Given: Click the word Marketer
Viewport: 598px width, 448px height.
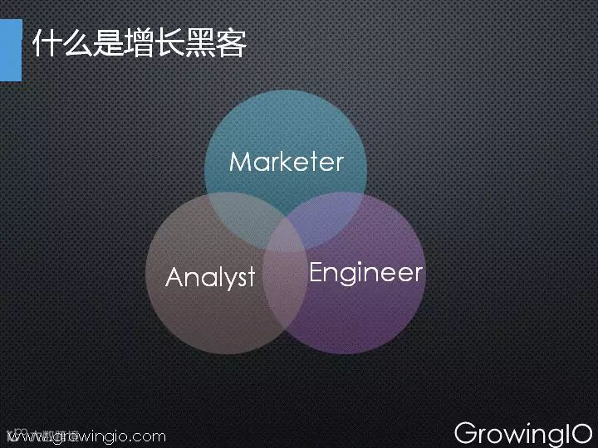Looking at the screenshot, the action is (286, 161).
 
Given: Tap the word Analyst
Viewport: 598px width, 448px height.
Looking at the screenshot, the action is (210, 277).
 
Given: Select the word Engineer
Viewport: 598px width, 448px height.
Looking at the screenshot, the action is (365, 273).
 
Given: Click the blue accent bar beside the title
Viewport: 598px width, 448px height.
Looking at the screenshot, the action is (11, 50).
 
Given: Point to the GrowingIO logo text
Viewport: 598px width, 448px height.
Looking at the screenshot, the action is (523, 433).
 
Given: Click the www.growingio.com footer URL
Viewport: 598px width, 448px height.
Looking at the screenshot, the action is (86, 436).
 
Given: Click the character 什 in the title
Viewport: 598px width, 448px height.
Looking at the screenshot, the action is (47, 44).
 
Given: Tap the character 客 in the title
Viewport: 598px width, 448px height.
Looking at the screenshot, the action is (232, 44).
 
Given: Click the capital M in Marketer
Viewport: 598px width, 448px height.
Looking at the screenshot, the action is (239, 161).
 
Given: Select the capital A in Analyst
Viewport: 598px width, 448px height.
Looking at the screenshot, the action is (174, 277).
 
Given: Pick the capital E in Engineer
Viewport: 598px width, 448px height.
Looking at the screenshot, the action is (316, 272).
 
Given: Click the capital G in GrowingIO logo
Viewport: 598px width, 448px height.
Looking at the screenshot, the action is (466, 433).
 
